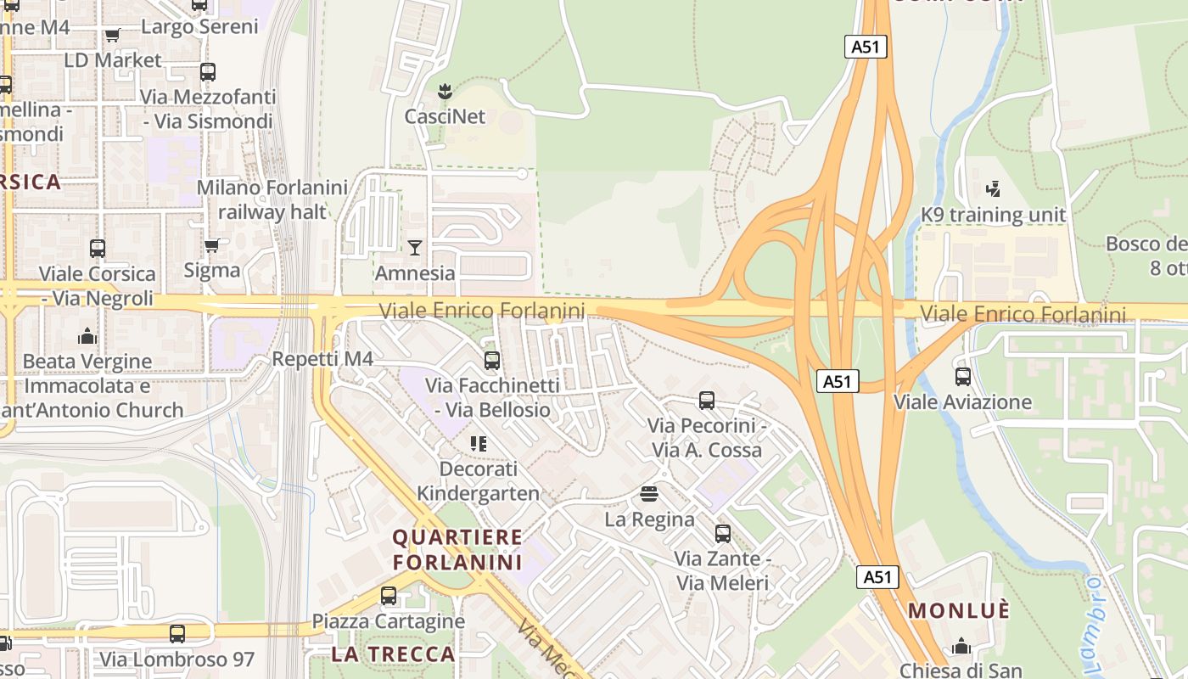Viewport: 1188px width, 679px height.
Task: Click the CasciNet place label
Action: click(445, 116)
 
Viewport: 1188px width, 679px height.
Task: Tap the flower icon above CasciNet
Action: click(444, 90)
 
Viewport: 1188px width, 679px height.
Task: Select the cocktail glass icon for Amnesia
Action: click(414, 247)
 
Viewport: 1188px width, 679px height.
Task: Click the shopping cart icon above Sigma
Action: click(211, 245)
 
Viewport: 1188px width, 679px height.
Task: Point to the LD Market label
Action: click(113, 60)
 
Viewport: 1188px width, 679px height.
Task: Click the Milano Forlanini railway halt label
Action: click(272, 199)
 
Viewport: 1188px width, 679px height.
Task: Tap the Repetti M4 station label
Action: click(322, 359)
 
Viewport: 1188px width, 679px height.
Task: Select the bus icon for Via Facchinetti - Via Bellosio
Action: click(491, 361)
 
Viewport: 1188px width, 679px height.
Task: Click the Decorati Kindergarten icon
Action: click(478, 443)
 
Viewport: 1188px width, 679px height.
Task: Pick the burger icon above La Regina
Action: click(649, 493)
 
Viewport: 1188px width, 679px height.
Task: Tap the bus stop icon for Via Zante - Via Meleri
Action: click(722, 534)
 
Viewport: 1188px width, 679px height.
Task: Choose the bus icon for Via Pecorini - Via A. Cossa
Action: click(706, 400)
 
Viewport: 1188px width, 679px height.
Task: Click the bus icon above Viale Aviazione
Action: click(962, 377)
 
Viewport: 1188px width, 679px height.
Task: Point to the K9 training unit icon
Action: click(993, 188)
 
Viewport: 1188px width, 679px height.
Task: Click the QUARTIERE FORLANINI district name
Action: click(457, 549)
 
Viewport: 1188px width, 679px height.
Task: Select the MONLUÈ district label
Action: click(959, 610)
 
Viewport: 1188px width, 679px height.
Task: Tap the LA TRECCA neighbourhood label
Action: click(393, 654)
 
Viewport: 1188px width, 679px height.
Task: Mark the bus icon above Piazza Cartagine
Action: click(388, 596)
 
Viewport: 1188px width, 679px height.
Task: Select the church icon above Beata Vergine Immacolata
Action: click(87, 336)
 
